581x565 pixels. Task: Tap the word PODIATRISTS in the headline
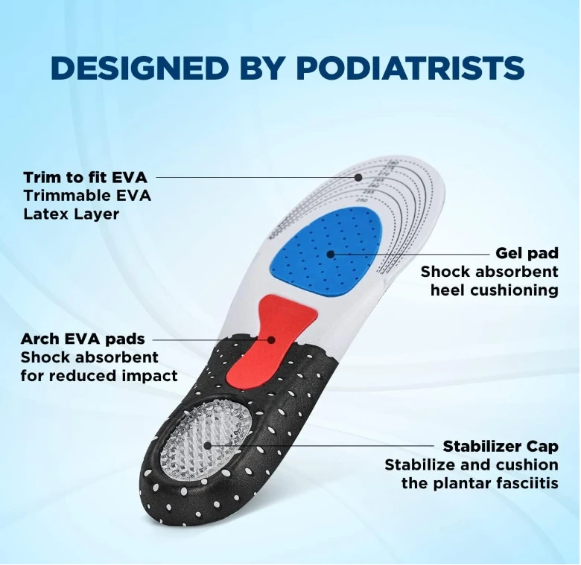[410, 68]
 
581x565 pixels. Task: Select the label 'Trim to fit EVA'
[85, 177]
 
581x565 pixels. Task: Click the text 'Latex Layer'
[71, 214]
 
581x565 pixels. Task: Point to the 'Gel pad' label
[527, 253]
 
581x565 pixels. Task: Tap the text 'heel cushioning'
[494, 290]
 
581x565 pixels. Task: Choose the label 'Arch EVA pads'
[83, 339]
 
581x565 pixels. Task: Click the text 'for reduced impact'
[99, 375]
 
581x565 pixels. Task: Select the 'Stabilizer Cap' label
[500, 447]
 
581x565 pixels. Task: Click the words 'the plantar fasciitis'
[480, 483]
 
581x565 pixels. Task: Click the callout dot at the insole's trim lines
[359, 177]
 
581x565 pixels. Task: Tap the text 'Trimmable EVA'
[86, 196]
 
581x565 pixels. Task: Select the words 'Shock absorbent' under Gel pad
[489, 272]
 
